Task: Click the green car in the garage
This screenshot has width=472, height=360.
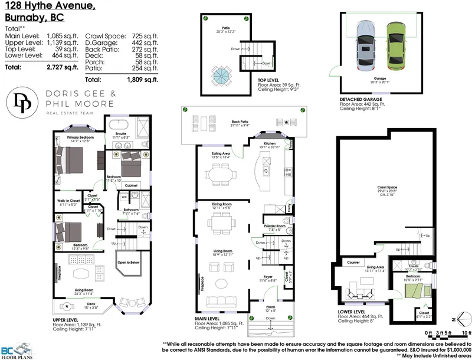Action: pyautogui.click(x=395, y=48)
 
